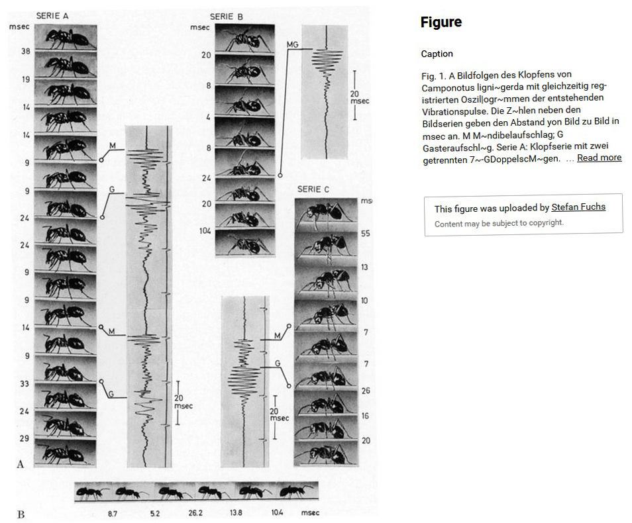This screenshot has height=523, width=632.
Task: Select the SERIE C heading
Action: click(313, 189)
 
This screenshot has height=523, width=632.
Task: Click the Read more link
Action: click(599, 158)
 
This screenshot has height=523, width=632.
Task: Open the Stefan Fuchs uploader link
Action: click(578, 207)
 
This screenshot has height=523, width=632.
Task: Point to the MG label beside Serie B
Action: click(293, 44)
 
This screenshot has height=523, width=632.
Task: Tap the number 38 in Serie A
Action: click(25, 50)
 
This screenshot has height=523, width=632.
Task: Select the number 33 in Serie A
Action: click(25, 383)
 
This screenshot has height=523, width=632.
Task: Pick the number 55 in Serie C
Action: click(366, 234)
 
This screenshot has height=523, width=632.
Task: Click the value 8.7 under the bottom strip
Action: click(114, 513)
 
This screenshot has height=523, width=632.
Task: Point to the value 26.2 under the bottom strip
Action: click(195, 513)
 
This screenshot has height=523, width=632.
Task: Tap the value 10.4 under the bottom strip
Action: click(277, 513)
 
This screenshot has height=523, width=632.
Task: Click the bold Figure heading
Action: click(441, 23)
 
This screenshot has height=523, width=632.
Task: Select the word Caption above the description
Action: click(437, 54)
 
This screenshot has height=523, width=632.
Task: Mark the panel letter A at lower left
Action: click(19, 464)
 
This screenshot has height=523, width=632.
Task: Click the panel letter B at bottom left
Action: click(21, 514)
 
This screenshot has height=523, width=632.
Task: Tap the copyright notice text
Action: click(499, 223)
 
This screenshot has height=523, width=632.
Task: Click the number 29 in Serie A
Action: click(25, 438)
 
